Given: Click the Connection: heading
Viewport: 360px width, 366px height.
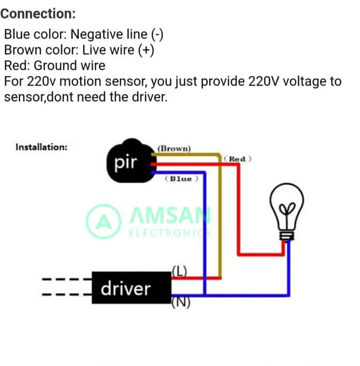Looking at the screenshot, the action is (38, 14).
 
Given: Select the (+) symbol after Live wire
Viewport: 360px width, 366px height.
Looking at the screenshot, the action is (146, 50).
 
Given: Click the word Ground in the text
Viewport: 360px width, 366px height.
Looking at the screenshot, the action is (55, 65).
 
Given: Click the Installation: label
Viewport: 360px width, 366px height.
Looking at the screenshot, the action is (42, 147).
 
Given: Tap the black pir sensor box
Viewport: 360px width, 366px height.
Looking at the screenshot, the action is (131, 161).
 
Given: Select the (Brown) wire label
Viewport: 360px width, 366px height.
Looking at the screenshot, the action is (174, 148).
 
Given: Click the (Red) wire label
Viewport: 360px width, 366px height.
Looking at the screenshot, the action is (238, 159).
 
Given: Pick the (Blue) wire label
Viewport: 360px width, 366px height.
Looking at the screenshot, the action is (182, 179).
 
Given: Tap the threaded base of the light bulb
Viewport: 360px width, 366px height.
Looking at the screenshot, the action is (287, 236).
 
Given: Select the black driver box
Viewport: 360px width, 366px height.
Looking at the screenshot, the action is (132, 288).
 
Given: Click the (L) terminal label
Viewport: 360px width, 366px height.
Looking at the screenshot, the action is (179, 271).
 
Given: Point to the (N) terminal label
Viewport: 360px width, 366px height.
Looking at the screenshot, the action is (181, 302).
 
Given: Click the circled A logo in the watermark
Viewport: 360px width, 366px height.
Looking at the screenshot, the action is (104, 221).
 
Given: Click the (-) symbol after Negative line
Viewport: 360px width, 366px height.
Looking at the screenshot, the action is (157, 34).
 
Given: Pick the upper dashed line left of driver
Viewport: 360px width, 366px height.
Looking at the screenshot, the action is (67, 279).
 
